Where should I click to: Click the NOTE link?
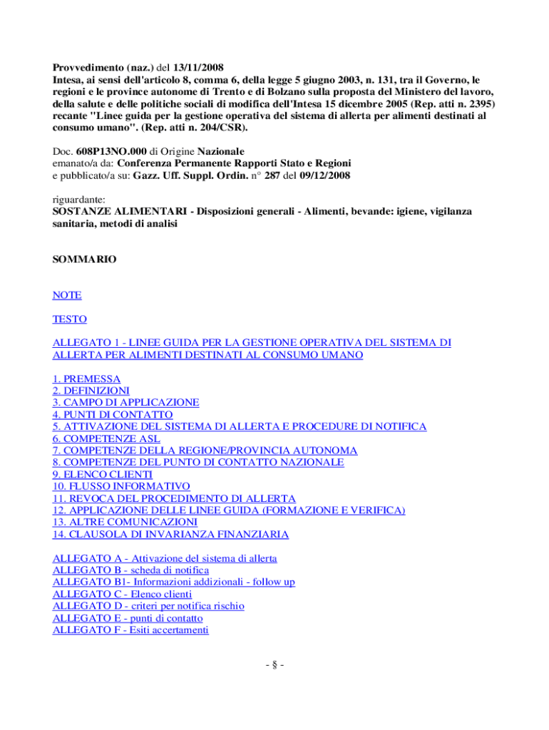[x=67, y=294]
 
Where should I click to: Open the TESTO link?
[x=70, y=319]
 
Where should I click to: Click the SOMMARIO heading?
[x=85, y=260]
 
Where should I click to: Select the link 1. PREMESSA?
[x=87, y=379]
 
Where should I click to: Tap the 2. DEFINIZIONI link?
[x=91, y=391]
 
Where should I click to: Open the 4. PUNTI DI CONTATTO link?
[x=113, y=414]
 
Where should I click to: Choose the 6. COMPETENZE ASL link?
[x=106, y=438]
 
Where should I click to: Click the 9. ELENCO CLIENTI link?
[x=103, y=474]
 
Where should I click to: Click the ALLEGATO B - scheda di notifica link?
[x=130, y=570]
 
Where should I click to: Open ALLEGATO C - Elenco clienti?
[x=122, y=594]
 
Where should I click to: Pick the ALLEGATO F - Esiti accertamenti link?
[x=130, y=630]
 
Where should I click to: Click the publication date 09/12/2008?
[x=324, y=175]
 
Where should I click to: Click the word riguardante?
[x=79, y=200]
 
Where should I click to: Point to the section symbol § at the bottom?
[x=274, y=666]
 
